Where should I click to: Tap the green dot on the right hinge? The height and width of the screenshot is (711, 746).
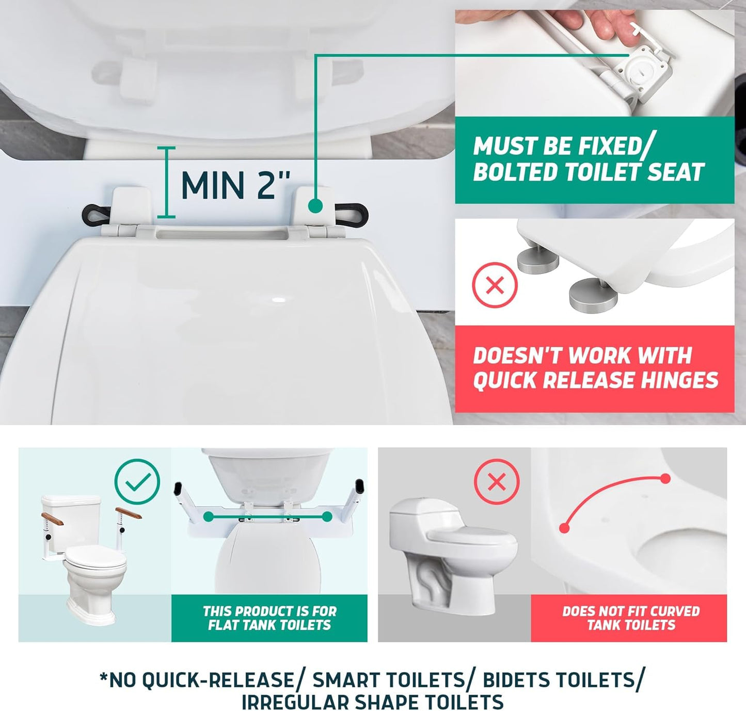pos(315,206)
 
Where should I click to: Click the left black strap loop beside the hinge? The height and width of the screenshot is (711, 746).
pos(97,213)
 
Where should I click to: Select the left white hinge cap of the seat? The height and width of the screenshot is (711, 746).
pos(132,207)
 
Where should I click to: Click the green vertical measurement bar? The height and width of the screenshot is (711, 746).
pos(166,182)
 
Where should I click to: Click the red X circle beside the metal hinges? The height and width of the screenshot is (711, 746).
pos(495,285)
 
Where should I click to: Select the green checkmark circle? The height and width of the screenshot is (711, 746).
pos(137,481)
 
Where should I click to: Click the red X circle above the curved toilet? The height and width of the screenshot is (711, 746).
pos(496,482)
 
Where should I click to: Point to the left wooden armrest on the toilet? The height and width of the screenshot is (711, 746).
pos(52,516)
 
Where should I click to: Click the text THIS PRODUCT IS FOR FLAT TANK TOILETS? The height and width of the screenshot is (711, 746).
pos(269,618)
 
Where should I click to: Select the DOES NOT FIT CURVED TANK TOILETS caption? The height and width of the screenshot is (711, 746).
pos(630,618)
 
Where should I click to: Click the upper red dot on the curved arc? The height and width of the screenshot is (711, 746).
pos(665,479)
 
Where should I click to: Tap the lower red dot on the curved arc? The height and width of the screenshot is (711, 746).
pos(564,528)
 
